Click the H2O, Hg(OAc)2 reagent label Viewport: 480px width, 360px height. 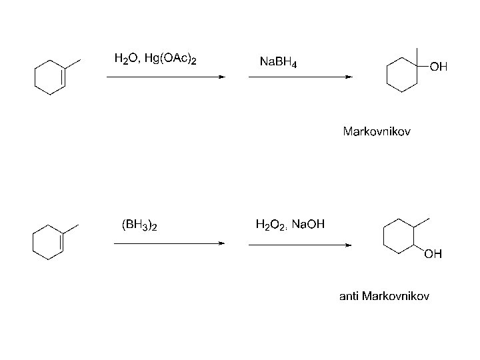point(155,59)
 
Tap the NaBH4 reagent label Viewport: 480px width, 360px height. point(278,63)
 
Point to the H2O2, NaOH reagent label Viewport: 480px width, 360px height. point(290,225)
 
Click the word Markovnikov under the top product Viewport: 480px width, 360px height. point(377,131)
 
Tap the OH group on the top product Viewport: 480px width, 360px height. point(439,67)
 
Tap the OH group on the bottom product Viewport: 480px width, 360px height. point(433,254)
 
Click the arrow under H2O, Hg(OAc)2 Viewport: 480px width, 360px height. point(166,77)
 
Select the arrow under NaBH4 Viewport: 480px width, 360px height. point(300,77)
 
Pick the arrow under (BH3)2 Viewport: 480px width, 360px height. point(169,244)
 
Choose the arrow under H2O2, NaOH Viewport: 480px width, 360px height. point(300,244)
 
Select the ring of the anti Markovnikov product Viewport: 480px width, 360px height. point(399,237)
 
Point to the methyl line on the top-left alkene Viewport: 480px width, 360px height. point(73,64)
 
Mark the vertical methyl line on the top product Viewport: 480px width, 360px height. point(417,57)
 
